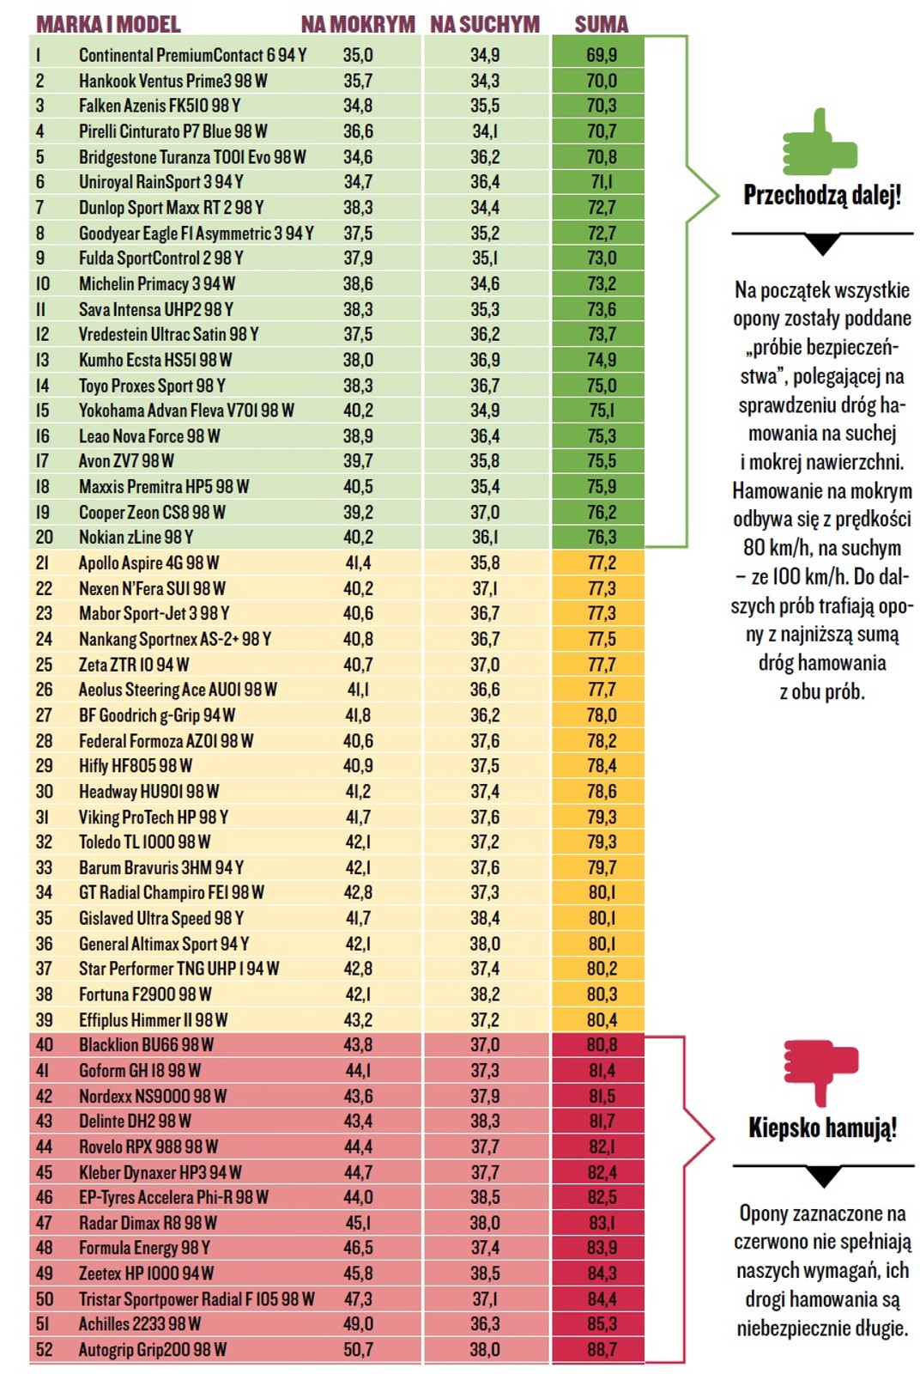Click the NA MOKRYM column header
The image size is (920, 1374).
358,24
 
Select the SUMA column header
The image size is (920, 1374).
601,24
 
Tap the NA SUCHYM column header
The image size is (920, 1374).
485,24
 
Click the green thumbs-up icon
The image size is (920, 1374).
820,143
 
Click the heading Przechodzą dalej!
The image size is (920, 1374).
822,195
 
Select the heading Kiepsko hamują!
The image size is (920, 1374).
822,1127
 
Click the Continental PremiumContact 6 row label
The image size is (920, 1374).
192,55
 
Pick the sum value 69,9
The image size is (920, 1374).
601,55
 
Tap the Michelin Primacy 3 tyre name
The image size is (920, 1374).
156,283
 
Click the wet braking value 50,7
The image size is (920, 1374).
358,1349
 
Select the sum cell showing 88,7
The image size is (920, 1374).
601,1349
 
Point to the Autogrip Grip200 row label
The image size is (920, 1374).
153,1349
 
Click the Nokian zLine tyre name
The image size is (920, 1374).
136,538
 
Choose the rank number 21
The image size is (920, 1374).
43,563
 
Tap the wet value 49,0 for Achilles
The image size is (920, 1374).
358,1324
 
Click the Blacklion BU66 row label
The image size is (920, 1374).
146,1045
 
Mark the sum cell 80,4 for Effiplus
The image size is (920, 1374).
601,1020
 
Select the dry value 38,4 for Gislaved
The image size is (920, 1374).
485,918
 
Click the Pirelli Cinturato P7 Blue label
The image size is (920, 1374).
172,131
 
